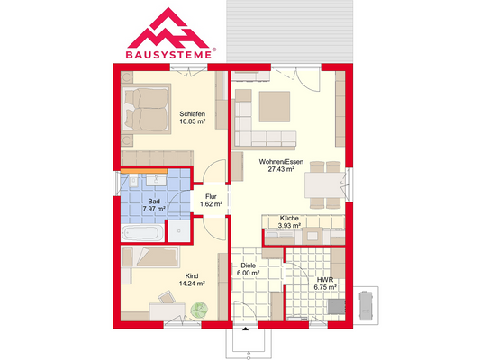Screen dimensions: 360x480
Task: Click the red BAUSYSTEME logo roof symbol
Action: pos(172,27)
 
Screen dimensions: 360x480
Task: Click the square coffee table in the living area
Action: pos(273,107)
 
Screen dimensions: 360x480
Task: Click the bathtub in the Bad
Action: pos(142,233)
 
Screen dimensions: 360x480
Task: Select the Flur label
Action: pos(211,197)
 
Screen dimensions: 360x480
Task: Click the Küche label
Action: pos(289,219)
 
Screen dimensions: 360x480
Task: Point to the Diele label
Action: pos(249,265)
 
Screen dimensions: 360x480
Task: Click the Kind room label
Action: pos(191,275)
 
